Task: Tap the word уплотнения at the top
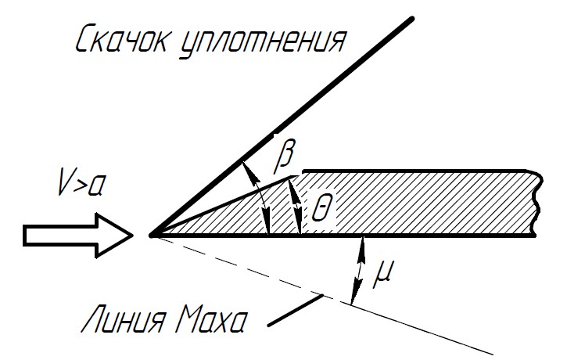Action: (262, 43)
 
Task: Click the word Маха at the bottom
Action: (212, 319)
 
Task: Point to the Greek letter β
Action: (285, 155)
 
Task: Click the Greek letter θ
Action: (321, 207)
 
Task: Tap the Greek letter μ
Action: (382, 273)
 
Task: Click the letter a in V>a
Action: (96, 186)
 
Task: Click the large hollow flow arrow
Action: (78, 236)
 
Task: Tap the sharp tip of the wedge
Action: (152, 236)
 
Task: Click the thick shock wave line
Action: (282, 127)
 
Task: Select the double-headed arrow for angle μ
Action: (358, 270)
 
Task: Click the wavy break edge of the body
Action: (536, 203)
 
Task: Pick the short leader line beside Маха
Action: (296, 310)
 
